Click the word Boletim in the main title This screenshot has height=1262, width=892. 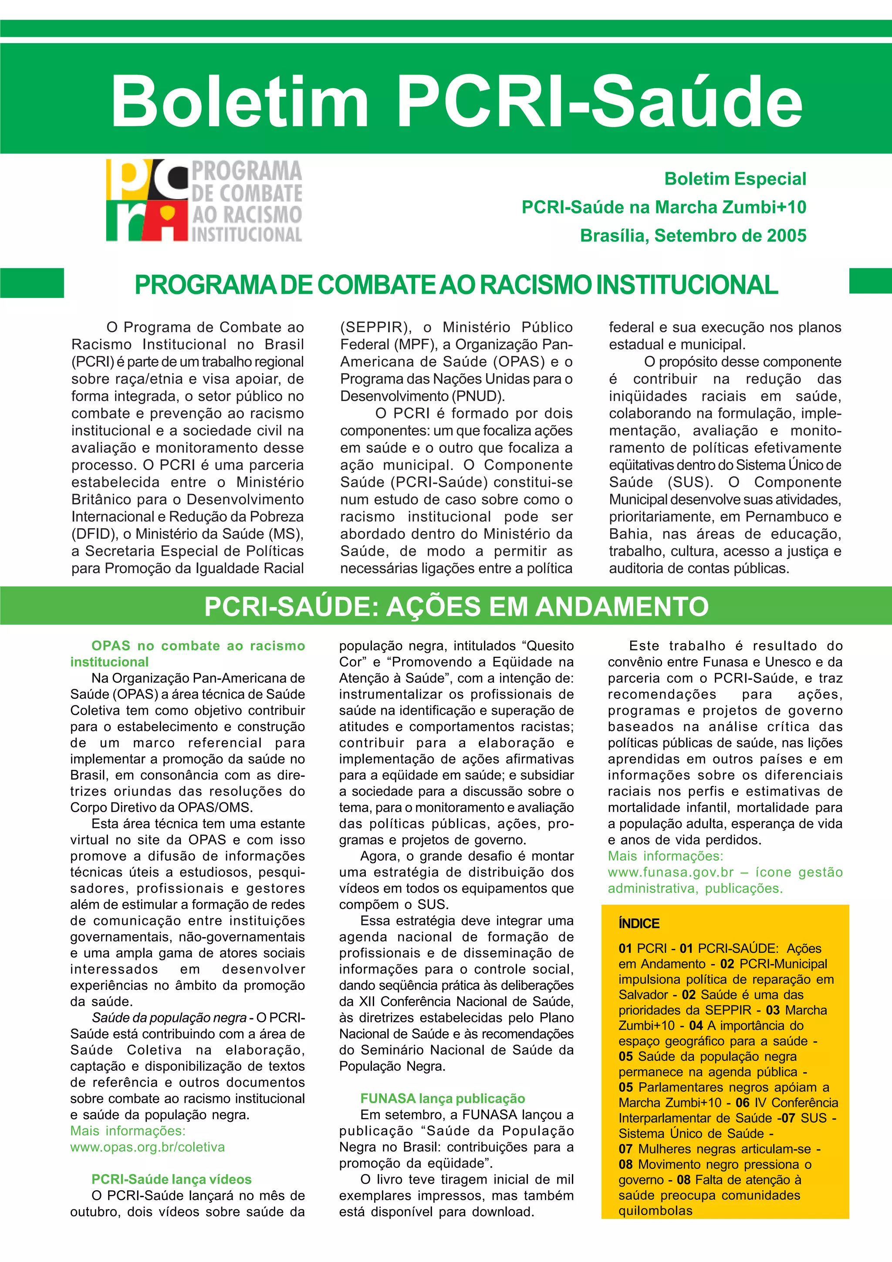point(240,100)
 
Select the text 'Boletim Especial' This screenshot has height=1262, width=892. point(735,179)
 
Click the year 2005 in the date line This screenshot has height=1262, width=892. point(787,236)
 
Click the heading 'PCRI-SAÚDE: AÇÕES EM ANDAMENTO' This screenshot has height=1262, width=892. point(456,607)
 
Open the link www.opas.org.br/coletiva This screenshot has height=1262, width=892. point(147,1147)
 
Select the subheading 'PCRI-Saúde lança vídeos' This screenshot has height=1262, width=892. point(172,1180)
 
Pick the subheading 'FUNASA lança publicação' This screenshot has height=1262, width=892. point(443,1099)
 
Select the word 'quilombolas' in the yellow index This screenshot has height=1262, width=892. point(655,1210)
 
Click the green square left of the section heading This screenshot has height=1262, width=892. point(32,283)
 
